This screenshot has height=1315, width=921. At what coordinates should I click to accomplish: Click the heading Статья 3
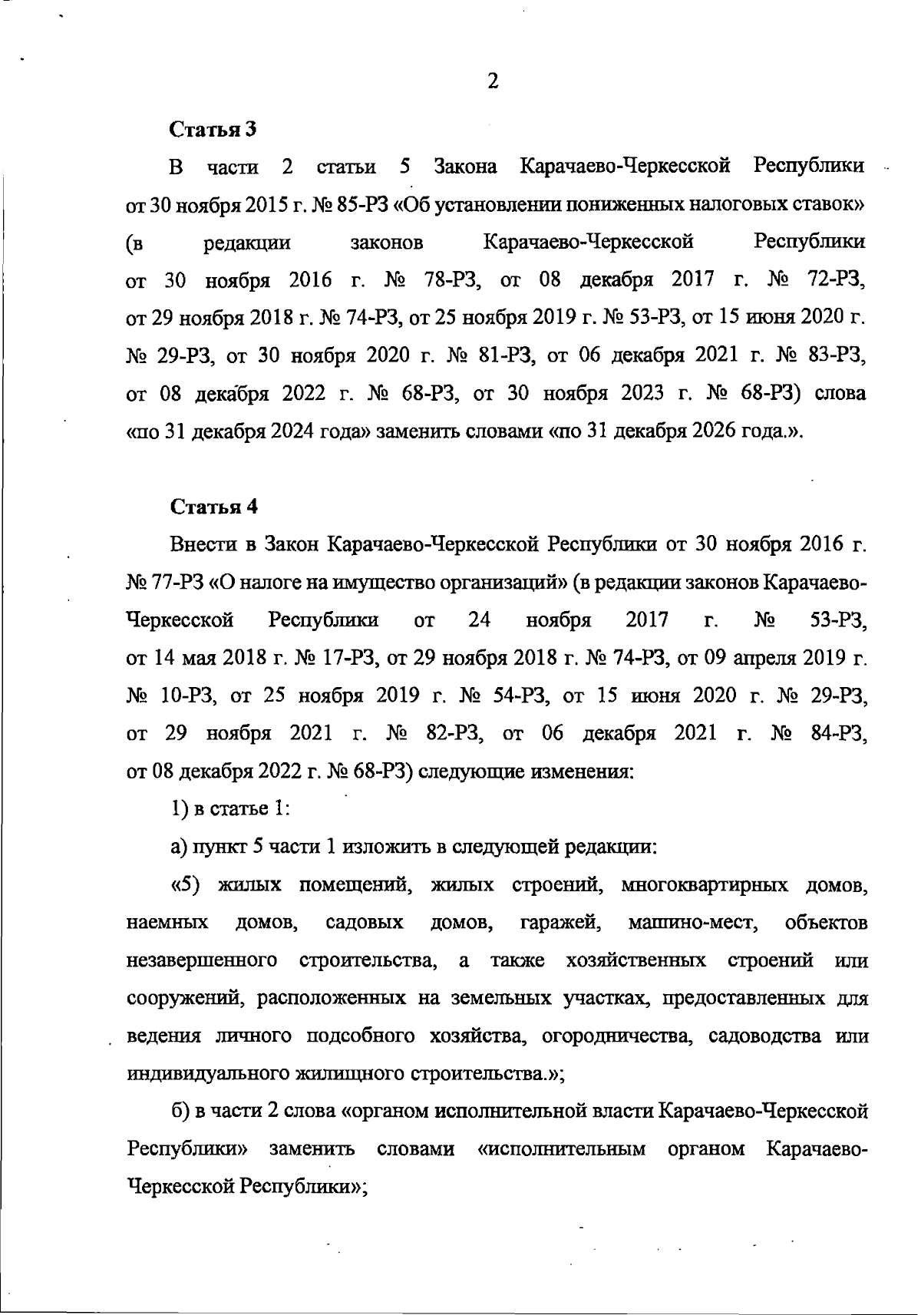tap(213, 129)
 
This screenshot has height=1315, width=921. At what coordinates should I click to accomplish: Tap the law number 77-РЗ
tap(177, 583)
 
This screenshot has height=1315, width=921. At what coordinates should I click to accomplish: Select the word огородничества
tap(606, 1036)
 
